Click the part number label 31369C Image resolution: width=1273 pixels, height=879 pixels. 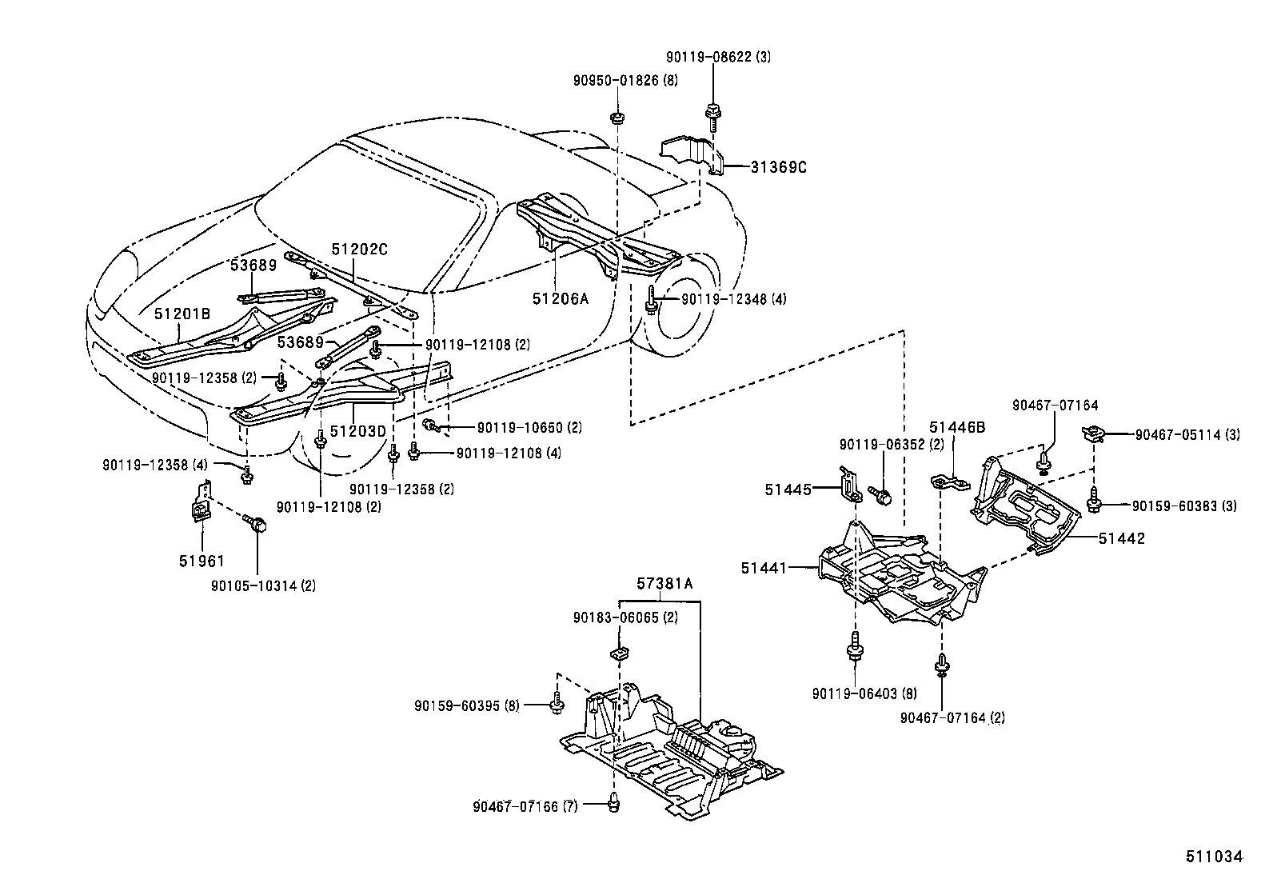pyautogui.click(x=779, y=167)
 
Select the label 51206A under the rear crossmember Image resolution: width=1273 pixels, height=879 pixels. pyautogui.click(x=560, y=298)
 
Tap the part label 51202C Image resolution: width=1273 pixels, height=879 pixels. pyautogui.click(x=359, y=250)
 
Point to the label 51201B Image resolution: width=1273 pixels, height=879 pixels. pyautogui.click(x=182, y=314)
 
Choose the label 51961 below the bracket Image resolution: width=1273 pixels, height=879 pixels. pyautogui.click(x=202, y=561)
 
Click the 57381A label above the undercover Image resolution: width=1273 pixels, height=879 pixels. pyautogui.click(x=664, y=585)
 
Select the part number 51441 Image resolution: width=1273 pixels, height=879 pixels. pyautogui.click(x=764, y=568)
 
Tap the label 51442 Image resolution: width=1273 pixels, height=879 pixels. pyautogui.click(x=1121, y=538)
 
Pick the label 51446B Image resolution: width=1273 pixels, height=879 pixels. pyautogui.click(x=957, y=427)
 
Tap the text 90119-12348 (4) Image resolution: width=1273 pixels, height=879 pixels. pyautogui.click(x=733, y=299)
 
